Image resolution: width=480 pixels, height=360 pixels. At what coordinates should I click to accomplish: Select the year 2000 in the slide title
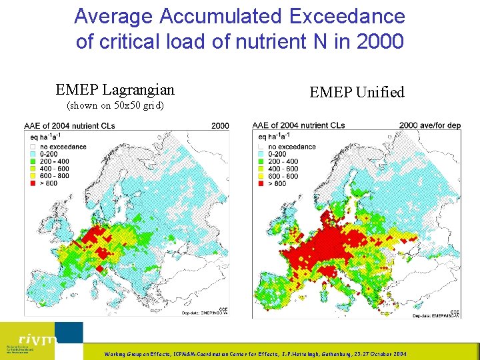tap(380, 41)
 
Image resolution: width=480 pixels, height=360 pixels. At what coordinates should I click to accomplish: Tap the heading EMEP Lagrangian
tap(115, 89)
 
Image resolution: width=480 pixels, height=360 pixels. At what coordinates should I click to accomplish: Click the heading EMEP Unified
tap(357, 93)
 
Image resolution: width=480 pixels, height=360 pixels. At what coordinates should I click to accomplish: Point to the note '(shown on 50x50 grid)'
tap(115, 105)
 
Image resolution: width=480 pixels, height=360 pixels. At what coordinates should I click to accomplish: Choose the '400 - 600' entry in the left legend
tap(55, 169)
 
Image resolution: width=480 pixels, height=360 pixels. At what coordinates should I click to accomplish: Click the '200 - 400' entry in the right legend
tap(283, 161)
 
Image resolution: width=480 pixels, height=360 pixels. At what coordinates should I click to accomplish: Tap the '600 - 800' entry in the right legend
tap(283, 176)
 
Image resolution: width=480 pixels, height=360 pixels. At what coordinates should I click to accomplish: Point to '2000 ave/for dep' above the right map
tap(429, 125)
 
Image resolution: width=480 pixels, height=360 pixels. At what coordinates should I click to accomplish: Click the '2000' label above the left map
tap(220, 125)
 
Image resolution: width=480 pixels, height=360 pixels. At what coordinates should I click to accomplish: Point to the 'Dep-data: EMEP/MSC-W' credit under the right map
tap(437, 315)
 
